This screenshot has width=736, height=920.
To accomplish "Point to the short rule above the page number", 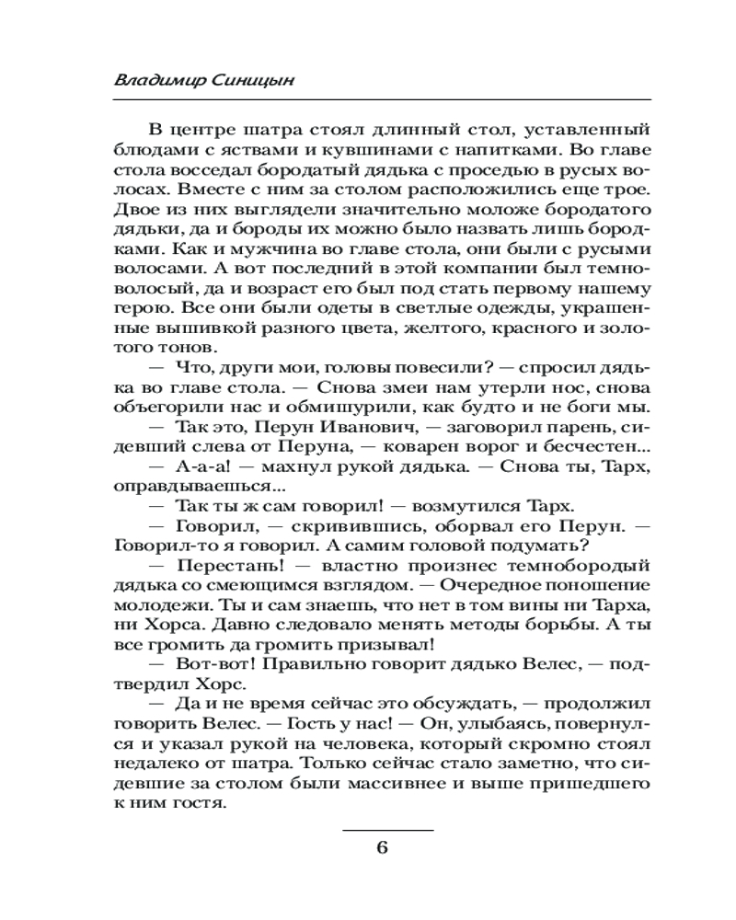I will (x=387, y=830).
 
